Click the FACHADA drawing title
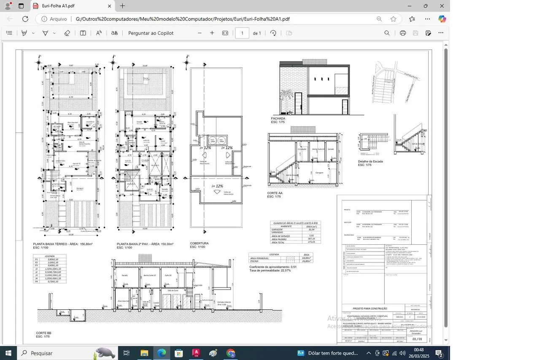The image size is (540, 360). coord(278,119)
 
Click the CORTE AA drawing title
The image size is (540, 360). coord(275,193)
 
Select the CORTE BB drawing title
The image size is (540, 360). coord(43,333)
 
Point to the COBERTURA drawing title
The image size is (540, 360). coord(199,244)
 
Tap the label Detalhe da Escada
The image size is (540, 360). coord(370,161)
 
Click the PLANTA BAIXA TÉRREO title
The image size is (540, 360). coord(62,244)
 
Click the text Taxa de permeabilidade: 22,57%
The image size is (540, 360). coord(270,270)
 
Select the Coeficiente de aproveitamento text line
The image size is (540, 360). coord(273,267)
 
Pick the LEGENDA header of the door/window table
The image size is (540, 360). coord(49,256)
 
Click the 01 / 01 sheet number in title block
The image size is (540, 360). coord(417,339)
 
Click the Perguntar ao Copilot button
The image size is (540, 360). coord(151,33)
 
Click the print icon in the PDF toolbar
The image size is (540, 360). coord(403,33)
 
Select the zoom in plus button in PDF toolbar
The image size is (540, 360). coord(212,33)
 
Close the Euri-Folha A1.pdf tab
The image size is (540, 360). coord(110,6)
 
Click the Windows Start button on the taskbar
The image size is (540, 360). coord(8,353)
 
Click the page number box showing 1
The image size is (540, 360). coord(242,33)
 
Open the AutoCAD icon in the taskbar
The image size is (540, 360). coord(196,353)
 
